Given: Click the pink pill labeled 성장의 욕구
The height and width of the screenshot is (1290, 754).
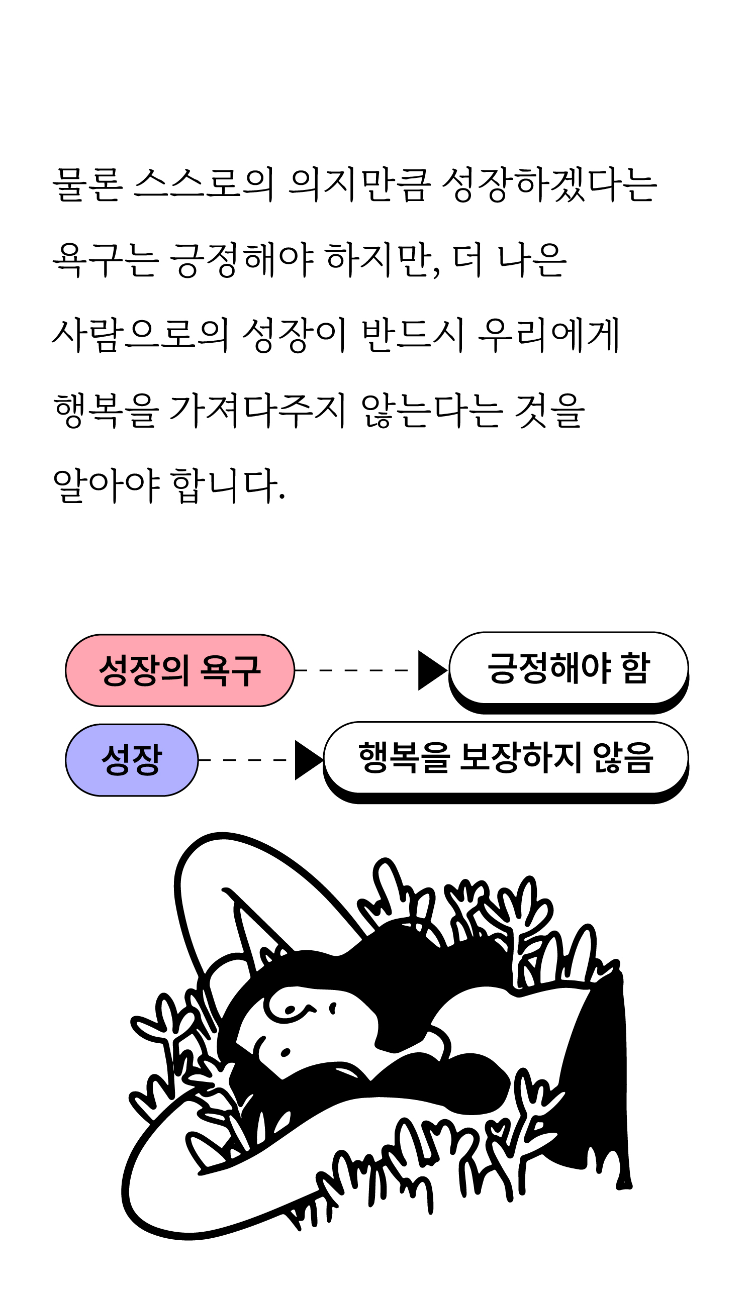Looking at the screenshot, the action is [x=179, y=670].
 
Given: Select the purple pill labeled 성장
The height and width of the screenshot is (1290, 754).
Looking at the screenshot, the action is [x=132, y=760].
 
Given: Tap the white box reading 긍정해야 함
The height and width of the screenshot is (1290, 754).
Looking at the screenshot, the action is [x=568, y=668].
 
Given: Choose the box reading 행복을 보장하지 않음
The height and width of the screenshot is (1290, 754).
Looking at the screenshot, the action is [x=505, y=758].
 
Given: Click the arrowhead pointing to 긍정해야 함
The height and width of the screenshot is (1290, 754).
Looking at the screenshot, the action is [x=431, y=670].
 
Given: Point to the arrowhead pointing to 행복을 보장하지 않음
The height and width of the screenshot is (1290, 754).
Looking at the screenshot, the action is [x=308, y=760].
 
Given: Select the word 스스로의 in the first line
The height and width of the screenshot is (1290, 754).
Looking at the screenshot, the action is [x=204, y=184].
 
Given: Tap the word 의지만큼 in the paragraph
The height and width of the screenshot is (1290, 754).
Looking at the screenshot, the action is [x=357, y=184].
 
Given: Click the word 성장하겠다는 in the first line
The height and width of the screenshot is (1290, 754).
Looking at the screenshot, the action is [x=548, y=184].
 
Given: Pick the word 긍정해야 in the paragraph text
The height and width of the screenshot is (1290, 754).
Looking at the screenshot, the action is [x=241, y=259].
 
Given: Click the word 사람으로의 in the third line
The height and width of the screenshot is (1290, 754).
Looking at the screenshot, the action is [x=140, y=335].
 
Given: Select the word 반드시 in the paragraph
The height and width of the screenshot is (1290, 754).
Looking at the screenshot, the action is [x=413, y=335].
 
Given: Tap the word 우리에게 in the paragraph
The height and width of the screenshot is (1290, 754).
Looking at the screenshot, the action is [x=548, y=335].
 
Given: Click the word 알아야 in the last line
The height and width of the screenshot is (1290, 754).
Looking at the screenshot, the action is [x=107, y=485].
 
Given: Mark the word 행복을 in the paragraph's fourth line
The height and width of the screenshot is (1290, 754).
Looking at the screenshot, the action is [x=105, y=410].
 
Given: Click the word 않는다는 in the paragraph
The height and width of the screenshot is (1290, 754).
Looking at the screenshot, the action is [x=430, y=410].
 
